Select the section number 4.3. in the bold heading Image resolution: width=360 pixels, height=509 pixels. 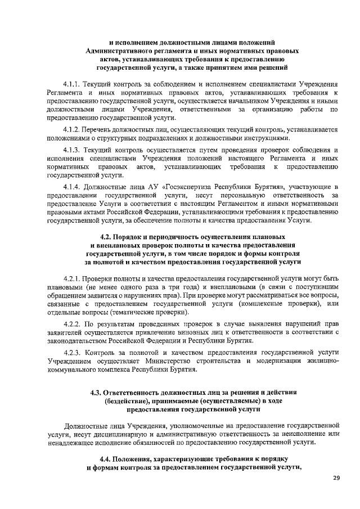tap(99, 392)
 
